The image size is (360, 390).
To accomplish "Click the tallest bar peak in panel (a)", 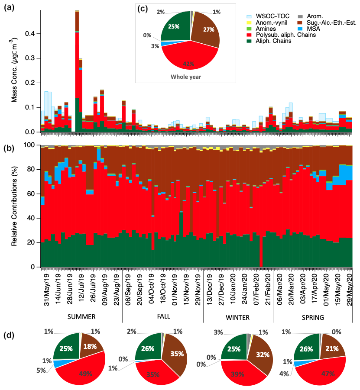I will pos(77,11).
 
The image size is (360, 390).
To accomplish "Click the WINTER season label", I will pos(237,317).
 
